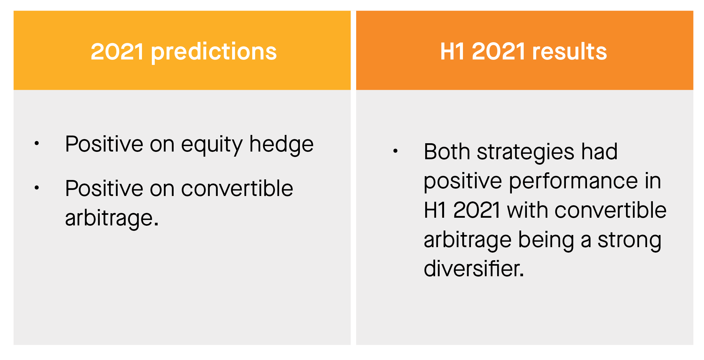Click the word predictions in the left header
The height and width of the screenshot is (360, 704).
[x=214, y=52]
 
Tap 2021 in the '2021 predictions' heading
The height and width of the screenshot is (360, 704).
[x=117, y=51]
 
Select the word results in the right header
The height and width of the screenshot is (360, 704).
[x=569, y=51]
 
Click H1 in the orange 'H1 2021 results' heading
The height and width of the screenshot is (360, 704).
[x=452, y=51]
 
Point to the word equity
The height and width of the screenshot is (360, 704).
[x=212, y=145]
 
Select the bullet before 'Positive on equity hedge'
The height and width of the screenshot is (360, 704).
[x=37, y=143]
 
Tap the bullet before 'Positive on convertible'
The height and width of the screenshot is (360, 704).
[x=37, y=188]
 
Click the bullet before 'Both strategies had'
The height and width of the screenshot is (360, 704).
[x=395, y=151]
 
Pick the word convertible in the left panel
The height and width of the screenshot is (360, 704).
[x=237, y=188]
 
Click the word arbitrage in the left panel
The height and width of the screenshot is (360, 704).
[x=112, y=218]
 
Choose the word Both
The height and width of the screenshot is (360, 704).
[x=447, y=151]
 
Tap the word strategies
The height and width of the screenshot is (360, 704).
[x=526, y=152]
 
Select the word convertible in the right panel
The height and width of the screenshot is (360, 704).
[x=610, y=210]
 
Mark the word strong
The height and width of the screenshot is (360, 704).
[x=630, y=240]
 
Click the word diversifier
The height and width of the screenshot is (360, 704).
[x=474, y=268]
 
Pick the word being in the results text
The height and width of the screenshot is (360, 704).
[x=546, y=240]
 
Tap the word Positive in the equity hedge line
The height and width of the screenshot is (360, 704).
[x=104, y=144]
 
